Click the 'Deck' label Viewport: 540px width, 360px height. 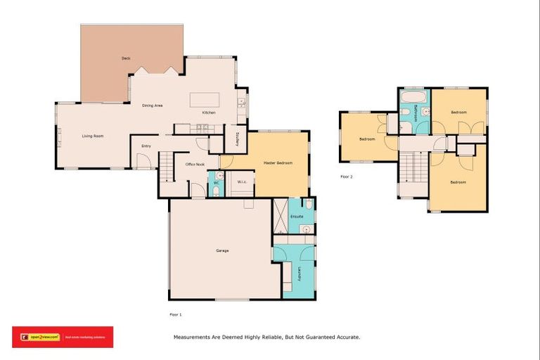[x=126, y=58]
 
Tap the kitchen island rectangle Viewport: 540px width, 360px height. [x=204, y=98]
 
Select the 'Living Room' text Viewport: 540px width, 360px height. [x=93, y=136]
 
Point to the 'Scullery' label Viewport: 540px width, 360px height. [x=239, y=139]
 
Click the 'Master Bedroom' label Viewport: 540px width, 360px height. [x=278, y=163]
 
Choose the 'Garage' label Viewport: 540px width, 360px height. [x=222, y=251]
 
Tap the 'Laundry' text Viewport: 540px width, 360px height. [x=299, y=273]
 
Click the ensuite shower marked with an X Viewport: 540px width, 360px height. [x=280, y=216]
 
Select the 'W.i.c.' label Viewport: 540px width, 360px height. [x=241, y=182]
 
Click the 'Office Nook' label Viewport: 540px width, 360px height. [x=195, y=164]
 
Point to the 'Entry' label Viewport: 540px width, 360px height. [x=146, y=146]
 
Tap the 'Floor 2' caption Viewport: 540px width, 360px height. [x=346, y=176]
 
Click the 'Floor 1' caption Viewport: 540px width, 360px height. [x=175, y=314]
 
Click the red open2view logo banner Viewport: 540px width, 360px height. [x=63, y=337]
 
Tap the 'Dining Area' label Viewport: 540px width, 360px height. [x=153, y=105]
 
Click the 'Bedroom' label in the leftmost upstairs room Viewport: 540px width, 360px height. [x=367, y=139]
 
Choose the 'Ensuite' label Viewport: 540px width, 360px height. [x=297, y=216]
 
